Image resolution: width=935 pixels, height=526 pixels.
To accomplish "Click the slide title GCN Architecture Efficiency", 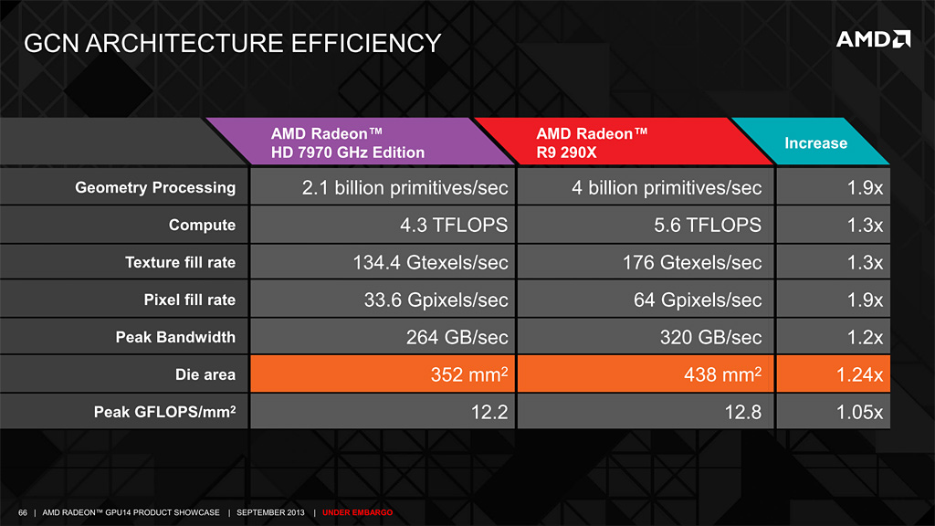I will [x=232, y=42].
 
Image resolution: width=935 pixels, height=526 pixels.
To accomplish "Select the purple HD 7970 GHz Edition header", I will [x=348, y=142].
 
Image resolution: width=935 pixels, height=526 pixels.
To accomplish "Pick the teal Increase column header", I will [x=815, y=142].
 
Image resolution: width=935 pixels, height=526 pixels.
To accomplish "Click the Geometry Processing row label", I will [x=154, y=188].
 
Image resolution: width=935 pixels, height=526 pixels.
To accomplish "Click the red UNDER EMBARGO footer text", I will [x=357, y=512].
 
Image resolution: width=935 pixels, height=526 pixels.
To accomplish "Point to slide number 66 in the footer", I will [x=23, y=512].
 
